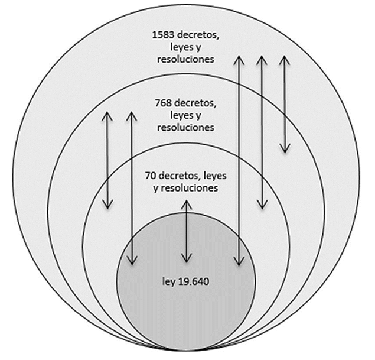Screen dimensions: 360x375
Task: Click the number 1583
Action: click(x=161, y=34)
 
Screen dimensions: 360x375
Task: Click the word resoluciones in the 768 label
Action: click(x=185, y=127)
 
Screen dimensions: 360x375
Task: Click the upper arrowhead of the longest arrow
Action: click(x=239, y=59)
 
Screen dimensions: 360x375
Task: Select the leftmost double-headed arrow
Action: click(x=107, y=160)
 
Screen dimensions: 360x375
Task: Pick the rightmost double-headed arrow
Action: click(x=285, y=103)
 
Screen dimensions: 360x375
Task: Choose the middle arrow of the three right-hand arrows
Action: click(x=262, y=132)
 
